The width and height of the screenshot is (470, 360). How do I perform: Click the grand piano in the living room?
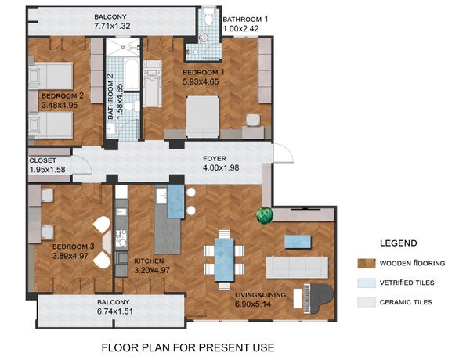tap(318, 299)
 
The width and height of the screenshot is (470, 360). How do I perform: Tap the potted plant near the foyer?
tap(265, 214)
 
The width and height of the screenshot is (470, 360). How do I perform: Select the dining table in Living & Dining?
tap(224, 259)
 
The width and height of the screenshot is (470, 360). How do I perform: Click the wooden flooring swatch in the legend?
tap(367, 263)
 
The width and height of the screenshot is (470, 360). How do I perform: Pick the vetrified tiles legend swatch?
tap(367, 283)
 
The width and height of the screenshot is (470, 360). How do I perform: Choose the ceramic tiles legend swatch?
tap(367, 302)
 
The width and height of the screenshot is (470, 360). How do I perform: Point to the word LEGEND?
tap(399, 243)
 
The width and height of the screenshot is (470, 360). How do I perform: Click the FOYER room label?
tap(215, 158)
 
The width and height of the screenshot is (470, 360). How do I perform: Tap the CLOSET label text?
tap(42, 160)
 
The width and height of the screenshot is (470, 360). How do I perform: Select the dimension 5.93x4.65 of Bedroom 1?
tap(201, 81)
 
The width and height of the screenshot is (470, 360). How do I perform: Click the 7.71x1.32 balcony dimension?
tap(112, 26)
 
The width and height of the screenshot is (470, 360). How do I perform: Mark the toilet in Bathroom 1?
tap(208, 17)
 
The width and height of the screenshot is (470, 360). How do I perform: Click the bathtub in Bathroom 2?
tap(132, 74)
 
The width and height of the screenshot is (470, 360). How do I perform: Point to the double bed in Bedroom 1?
tap(203, 117)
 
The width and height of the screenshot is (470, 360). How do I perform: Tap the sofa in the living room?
tap(297, 267)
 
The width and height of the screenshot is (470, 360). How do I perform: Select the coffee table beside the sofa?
tap(298, 242)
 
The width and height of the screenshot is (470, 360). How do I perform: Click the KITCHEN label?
tap(149, 261)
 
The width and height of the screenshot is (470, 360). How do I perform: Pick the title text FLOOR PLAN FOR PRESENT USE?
tap(188, 347)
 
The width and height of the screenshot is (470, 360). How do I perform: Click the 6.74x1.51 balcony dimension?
tap(115, 311)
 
